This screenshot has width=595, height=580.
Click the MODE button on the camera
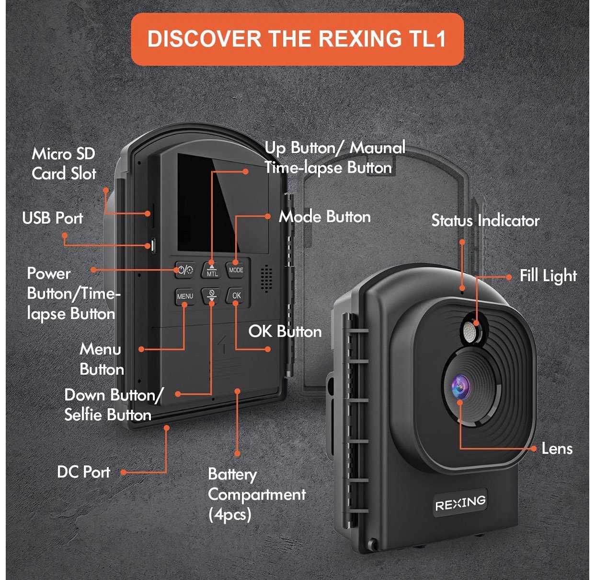[x=236, y=270]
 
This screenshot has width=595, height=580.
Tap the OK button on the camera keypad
[x=236, y=296]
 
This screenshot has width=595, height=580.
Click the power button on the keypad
[x=185, y=270]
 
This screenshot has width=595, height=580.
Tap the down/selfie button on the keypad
[x=211, y=296]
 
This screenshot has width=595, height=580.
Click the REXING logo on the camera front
[x=460, y=503]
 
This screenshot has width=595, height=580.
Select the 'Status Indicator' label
[x=485, y=221]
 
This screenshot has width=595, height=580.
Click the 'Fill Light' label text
[x=548, y=276]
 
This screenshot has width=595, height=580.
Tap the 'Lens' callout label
[x=557, y=449]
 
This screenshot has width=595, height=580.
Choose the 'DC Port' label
[x=83, y=472]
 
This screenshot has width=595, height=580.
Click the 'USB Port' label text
[x=53, y=218]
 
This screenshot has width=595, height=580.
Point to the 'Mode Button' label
[x=325, y=217]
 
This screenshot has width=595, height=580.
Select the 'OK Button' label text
[x=285, y=331]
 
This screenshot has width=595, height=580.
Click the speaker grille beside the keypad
[x=266, y=278]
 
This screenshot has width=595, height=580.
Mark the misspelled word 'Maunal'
[x=378, y=148]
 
